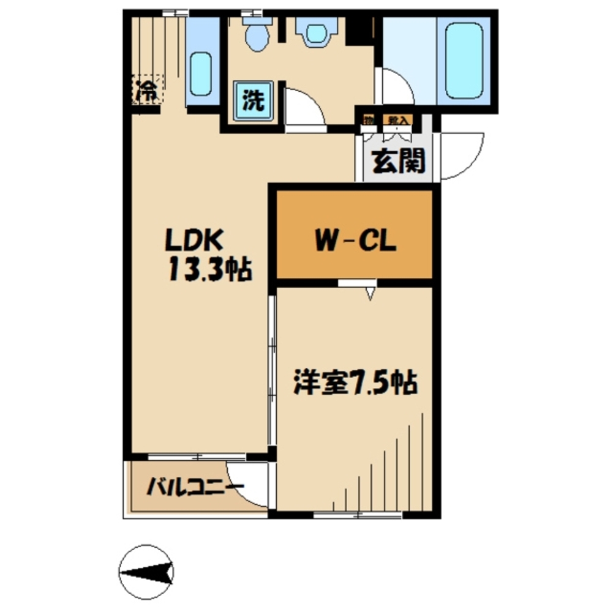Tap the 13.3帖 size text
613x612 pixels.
(x=208, y=269)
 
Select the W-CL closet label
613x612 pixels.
(x=356, y=241)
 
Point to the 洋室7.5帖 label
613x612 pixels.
(x=355, y=384)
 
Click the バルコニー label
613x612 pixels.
(x=194, y=488)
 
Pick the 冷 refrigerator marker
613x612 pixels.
(x=146, y=91)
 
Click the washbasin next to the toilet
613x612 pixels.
(x=316, y=32)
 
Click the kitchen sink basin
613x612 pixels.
(x=201, y=74)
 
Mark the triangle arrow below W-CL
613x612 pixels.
(x=370, y=294)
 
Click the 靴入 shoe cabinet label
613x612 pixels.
(x=397, y=120)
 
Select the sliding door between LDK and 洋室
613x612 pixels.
(x=271, y=373)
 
